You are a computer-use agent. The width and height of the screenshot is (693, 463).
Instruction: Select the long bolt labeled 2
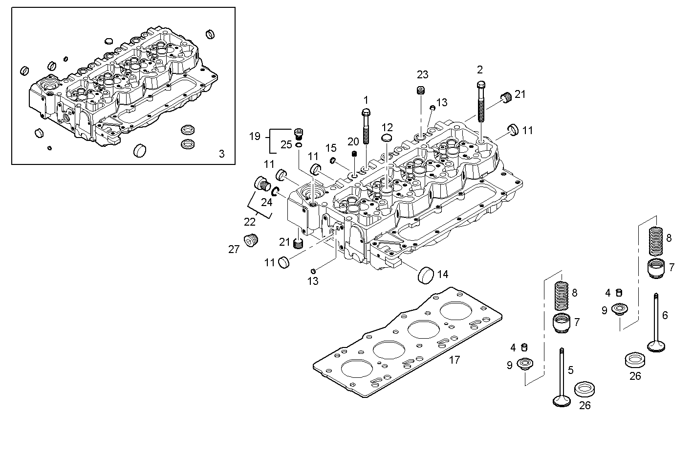(x=481, y=103)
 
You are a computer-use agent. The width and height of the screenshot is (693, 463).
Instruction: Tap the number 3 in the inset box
(x=221, y=154)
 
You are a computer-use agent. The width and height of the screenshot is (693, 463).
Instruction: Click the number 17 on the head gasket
(x=454, y=360)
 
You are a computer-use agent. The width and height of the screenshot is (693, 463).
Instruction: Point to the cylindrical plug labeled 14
(x=426, y=275)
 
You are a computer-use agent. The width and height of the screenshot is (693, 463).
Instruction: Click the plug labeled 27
(x=252, y=240)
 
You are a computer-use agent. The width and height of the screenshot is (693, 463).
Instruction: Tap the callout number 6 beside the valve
(x=665, y=316)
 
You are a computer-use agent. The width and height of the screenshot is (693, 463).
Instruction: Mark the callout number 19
(x=255, y=136)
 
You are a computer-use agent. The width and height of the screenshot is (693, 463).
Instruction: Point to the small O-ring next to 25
(x=298, y=144)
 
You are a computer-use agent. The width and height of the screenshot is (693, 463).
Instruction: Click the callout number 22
(x=250, y=222)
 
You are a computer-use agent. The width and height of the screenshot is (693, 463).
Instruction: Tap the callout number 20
(x=353, y=141)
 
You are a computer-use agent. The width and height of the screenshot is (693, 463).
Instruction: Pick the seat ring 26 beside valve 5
(x=584, y=390)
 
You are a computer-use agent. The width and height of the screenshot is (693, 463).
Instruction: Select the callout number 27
(x=234, y=250)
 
